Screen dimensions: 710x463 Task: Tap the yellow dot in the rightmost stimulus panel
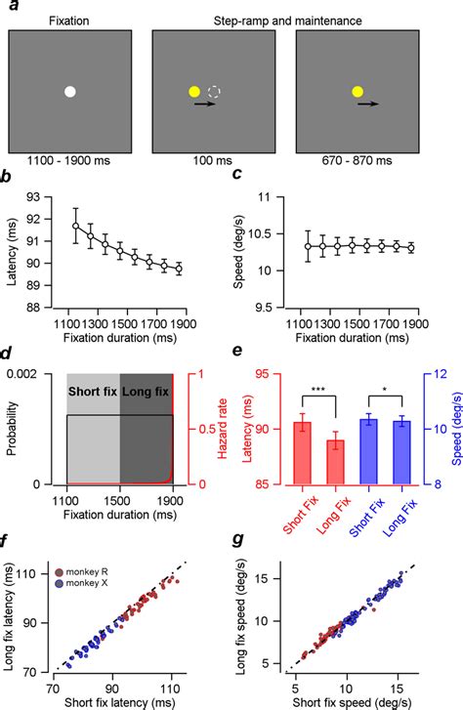click(x=358, y=92)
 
